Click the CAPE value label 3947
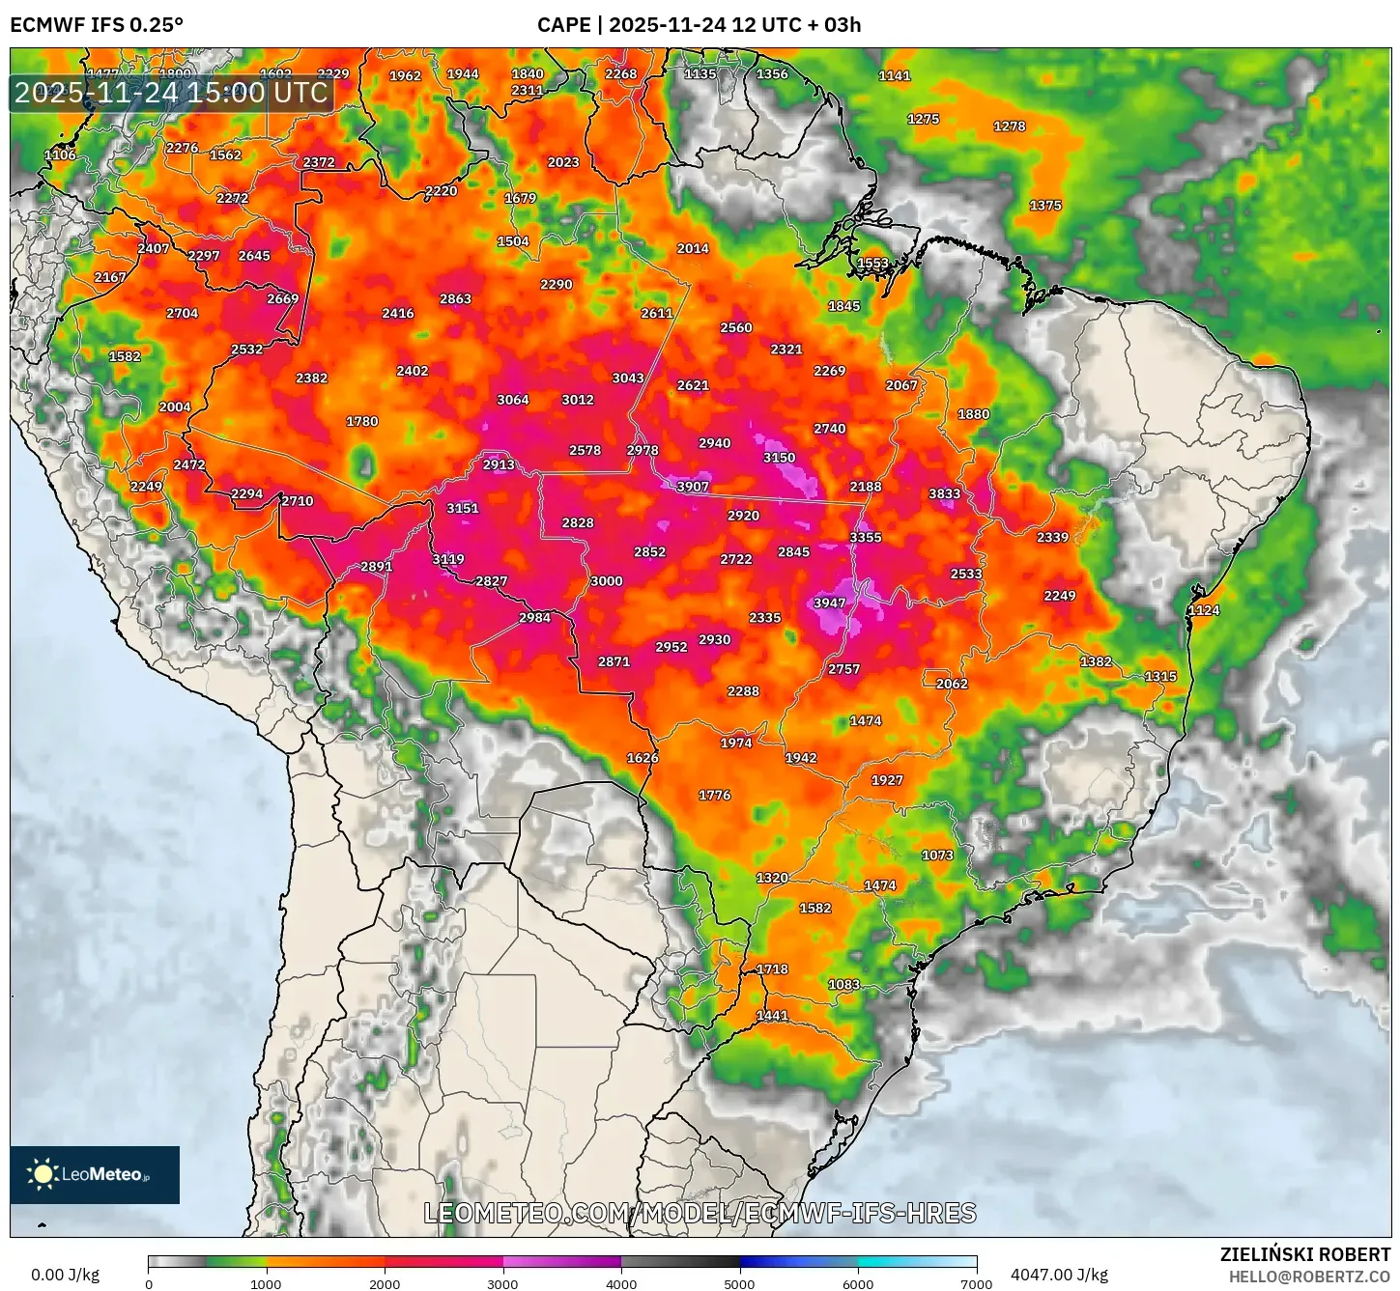point(829,603)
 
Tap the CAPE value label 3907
point(693,487)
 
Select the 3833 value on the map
point(944,494)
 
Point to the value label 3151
point(463,509)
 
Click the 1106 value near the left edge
point(60,155)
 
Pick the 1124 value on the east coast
point(1204,611)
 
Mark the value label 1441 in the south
point(772,1016)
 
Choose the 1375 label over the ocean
point(1045,206)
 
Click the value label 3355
point(865,538)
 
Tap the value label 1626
point(643,758)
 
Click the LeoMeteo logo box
point(95,1174)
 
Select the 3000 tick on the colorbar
point(502,1284)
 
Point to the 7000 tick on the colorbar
point(976,1284)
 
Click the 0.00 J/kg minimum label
point(66,1275)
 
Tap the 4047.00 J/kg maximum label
point(1059,1275)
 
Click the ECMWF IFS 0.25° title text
point(97,25)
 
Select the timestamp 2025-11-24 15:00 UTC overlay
point(171,93)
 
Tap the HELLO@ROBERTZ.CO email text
point(1309,1277)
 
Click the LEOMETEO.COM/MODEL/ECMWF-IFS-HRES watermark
point(700,1213)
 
